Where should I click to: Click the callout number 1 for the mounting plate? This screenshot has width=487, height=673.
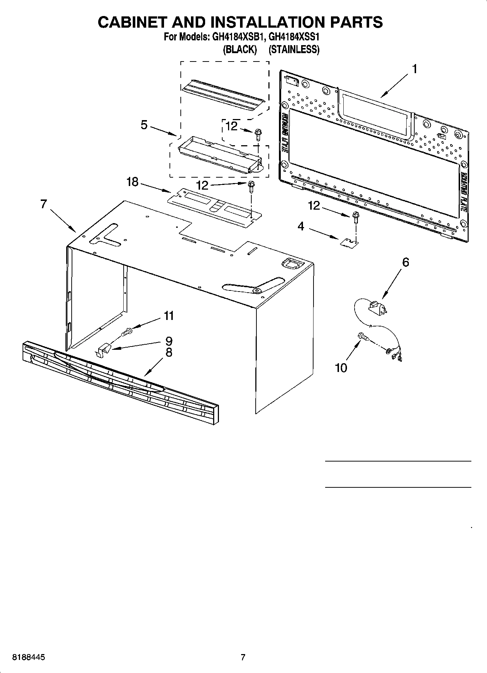pos(414,69)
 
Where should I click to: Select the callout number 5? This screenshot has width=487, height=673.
pos(144,125)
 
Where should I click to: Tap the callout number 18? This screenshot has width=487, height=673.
pos(132,182)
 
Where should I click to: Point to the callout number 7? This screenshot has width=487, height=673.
pos(44,204)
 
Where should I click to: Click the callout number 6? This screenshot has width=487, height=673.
pos(406,262)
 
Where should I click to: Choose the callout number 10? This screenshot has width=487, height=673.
pos(341,368)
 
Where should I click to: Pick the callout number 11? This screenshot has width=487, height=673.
pos(169,316)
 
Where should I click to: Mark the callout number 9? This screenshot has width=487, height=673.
pos(169,341)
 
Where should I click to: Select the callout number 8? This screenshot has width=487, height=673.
pos(169,352)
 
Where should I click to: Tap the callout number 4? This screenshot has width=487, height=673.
pos(301,226)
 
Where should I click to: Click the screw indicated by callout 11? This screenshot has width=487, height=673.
pos(127,332)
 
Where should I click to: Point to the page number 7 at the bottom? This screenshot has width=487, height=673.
pos(243,657)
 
